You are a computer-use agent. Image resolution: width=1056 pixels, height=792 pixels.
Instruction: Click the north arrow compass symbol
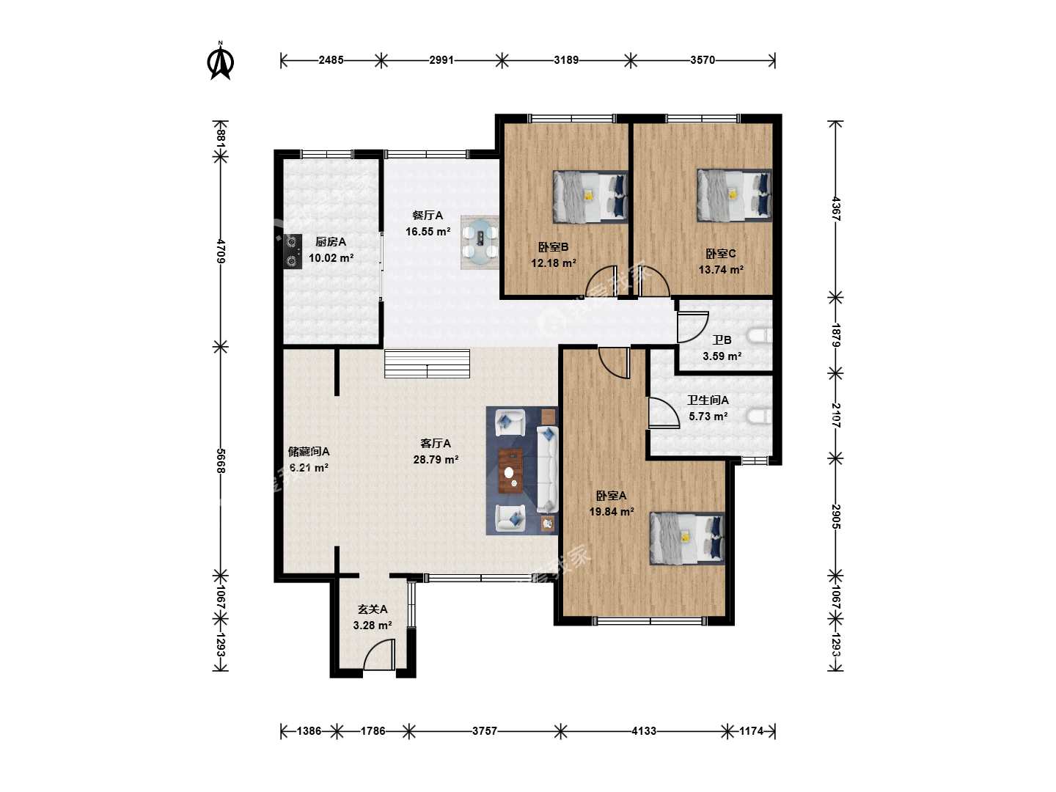pos(221,61)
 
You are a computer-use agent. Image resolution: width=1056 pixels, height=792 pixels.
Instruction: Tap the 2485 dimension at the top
pos(331,60)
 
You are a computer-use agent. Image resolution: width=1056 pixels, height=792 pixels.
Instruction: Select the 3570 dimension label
pos(703,60)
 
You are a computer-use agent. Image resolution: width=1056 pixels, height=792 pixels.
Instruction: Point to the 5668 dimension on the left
pos(221,461)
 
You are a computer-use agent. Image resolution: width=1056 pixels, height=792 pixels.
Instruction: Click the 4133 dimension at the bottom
pos(644,731)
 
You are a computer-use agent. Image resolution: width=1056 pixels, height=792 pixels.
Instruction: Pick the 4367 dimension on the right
pos(836,209)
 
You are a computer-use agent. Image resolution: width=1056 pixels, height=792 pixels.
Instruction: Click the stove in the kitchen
pos(293,251)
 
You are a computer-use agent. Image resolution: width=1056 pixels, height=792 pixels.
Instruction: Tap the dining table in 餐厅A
pos(480,242)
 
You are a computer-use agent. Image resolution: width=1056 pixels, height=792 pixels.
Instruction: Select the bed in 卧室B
pos(590,197)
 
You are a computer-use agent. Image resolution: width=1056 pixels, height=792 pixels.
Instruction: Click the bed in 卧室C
pos(734,195)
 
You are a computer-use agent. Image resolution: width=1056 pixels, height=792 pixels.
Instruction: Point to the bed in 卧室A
pos(687,538)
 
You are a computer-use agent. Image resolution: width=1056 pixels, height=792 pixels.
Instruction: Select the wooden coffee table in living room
pos(511,471)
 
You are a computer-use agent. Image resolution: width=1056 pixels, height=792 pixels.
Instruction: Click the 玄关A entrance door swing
pos(379,654)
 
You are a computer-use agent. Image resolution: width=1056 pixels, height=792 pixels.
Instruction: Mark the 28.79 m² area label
pos(436,459)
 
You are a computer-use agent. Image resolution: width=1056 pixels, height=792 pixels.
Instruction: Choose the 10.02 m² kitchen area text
pos(331,257)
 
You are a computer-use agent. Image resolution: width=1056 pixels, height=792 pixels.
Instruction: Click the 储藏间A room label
pos(309,452)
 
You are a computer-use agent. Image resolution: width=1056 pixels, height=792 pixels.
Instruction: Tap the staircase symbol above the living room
pos(427,364)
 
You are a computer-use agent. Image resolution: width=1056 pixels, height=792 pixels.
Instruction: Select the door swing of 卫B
pos(693,327)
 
